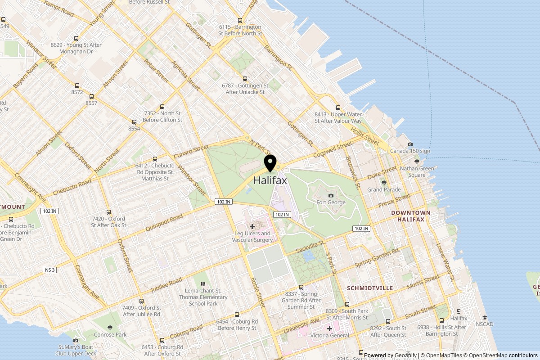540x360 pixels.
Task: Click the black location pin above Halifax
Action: click(x=270, y=162)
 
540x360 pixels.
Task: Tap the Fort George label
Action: click(x=331, y=202)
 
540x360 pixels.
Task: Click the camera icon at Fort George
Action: click(x=331, y=195)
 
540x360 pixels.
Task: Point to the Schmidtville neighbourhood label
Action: click(x=370, y=288)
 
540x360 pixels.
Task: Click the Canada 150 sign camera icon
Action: click(x=410, y=144)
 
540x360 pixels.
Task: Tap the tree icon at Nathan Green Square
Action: click(x=417, y=162)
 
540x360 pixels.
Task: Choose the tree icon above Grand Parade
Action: click(x=384, y=183)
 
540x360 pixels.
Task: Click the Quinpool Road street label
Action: click(x=164, y=223)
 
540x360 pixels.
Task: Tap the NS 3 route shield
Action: click(x=50, y=270)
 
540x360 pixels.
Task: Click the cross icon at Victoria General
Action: click(x=330, y=328)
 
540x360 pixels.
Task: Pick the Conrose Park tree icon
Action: click(x=110, y=328)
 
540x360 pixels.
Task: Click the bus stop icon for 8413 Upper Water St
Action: click(x=338, y=108)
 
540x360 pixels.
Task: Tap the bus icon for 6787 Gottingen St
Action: click(x=245, y=79)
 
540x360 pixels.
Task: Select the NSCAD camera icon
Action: click(x=485, y=317)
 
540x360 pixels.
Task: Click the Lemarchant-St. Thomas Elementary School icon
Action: click(x=203, y=284)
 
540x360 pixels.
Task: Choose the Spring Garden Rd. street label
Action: click(x=377, y=257)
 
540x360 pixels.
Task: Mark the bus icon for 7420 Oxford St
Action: click(x=108, y=212)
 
